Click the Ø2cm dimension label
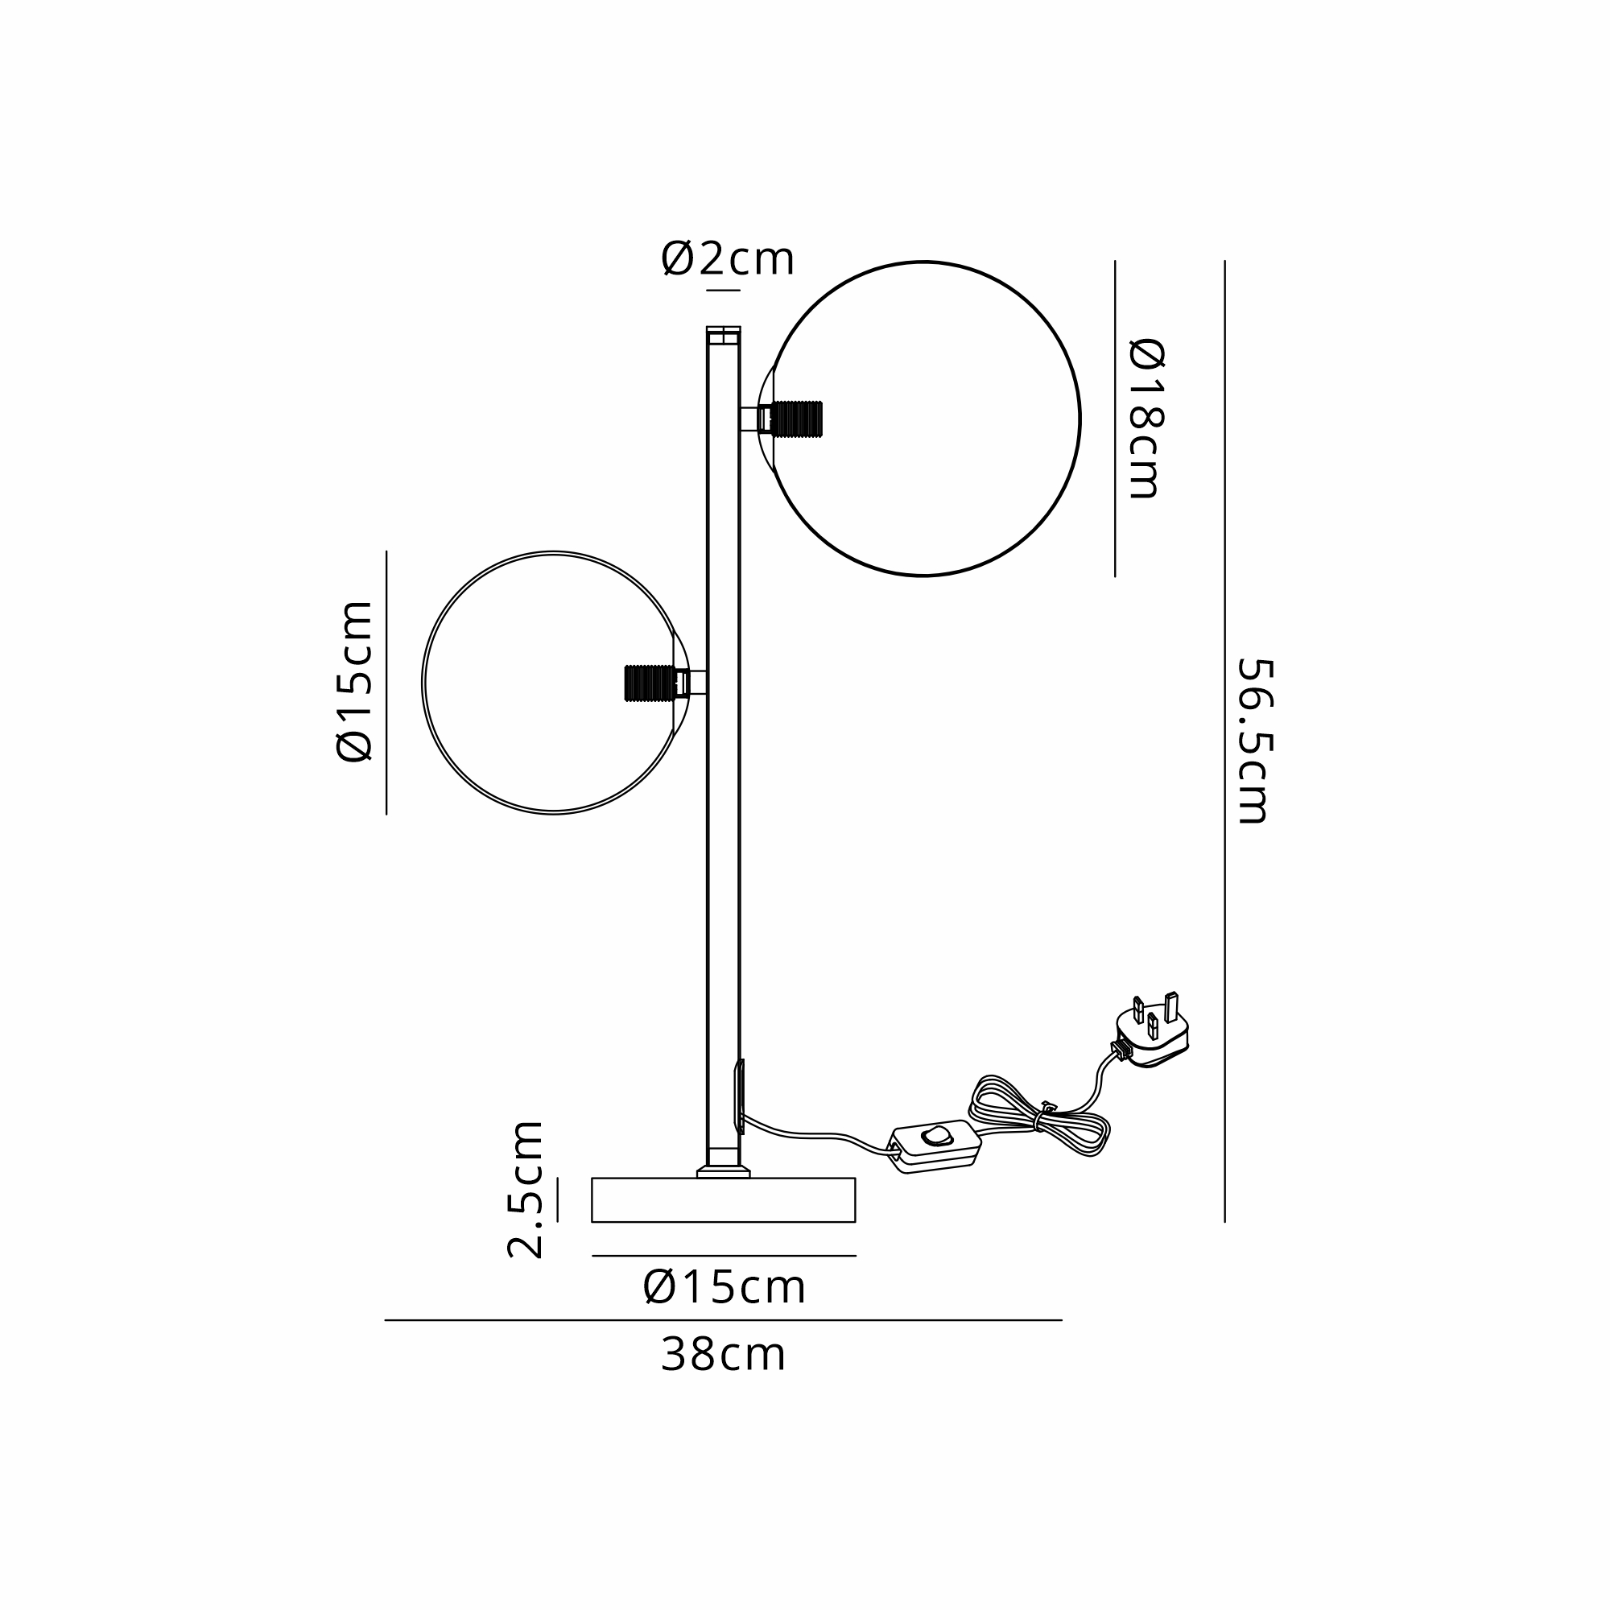(728, 258)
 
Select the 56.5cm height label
(1254, 741)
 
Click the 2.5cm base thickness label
(526, 1189)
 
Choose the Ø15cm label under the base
(724, 1287)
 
